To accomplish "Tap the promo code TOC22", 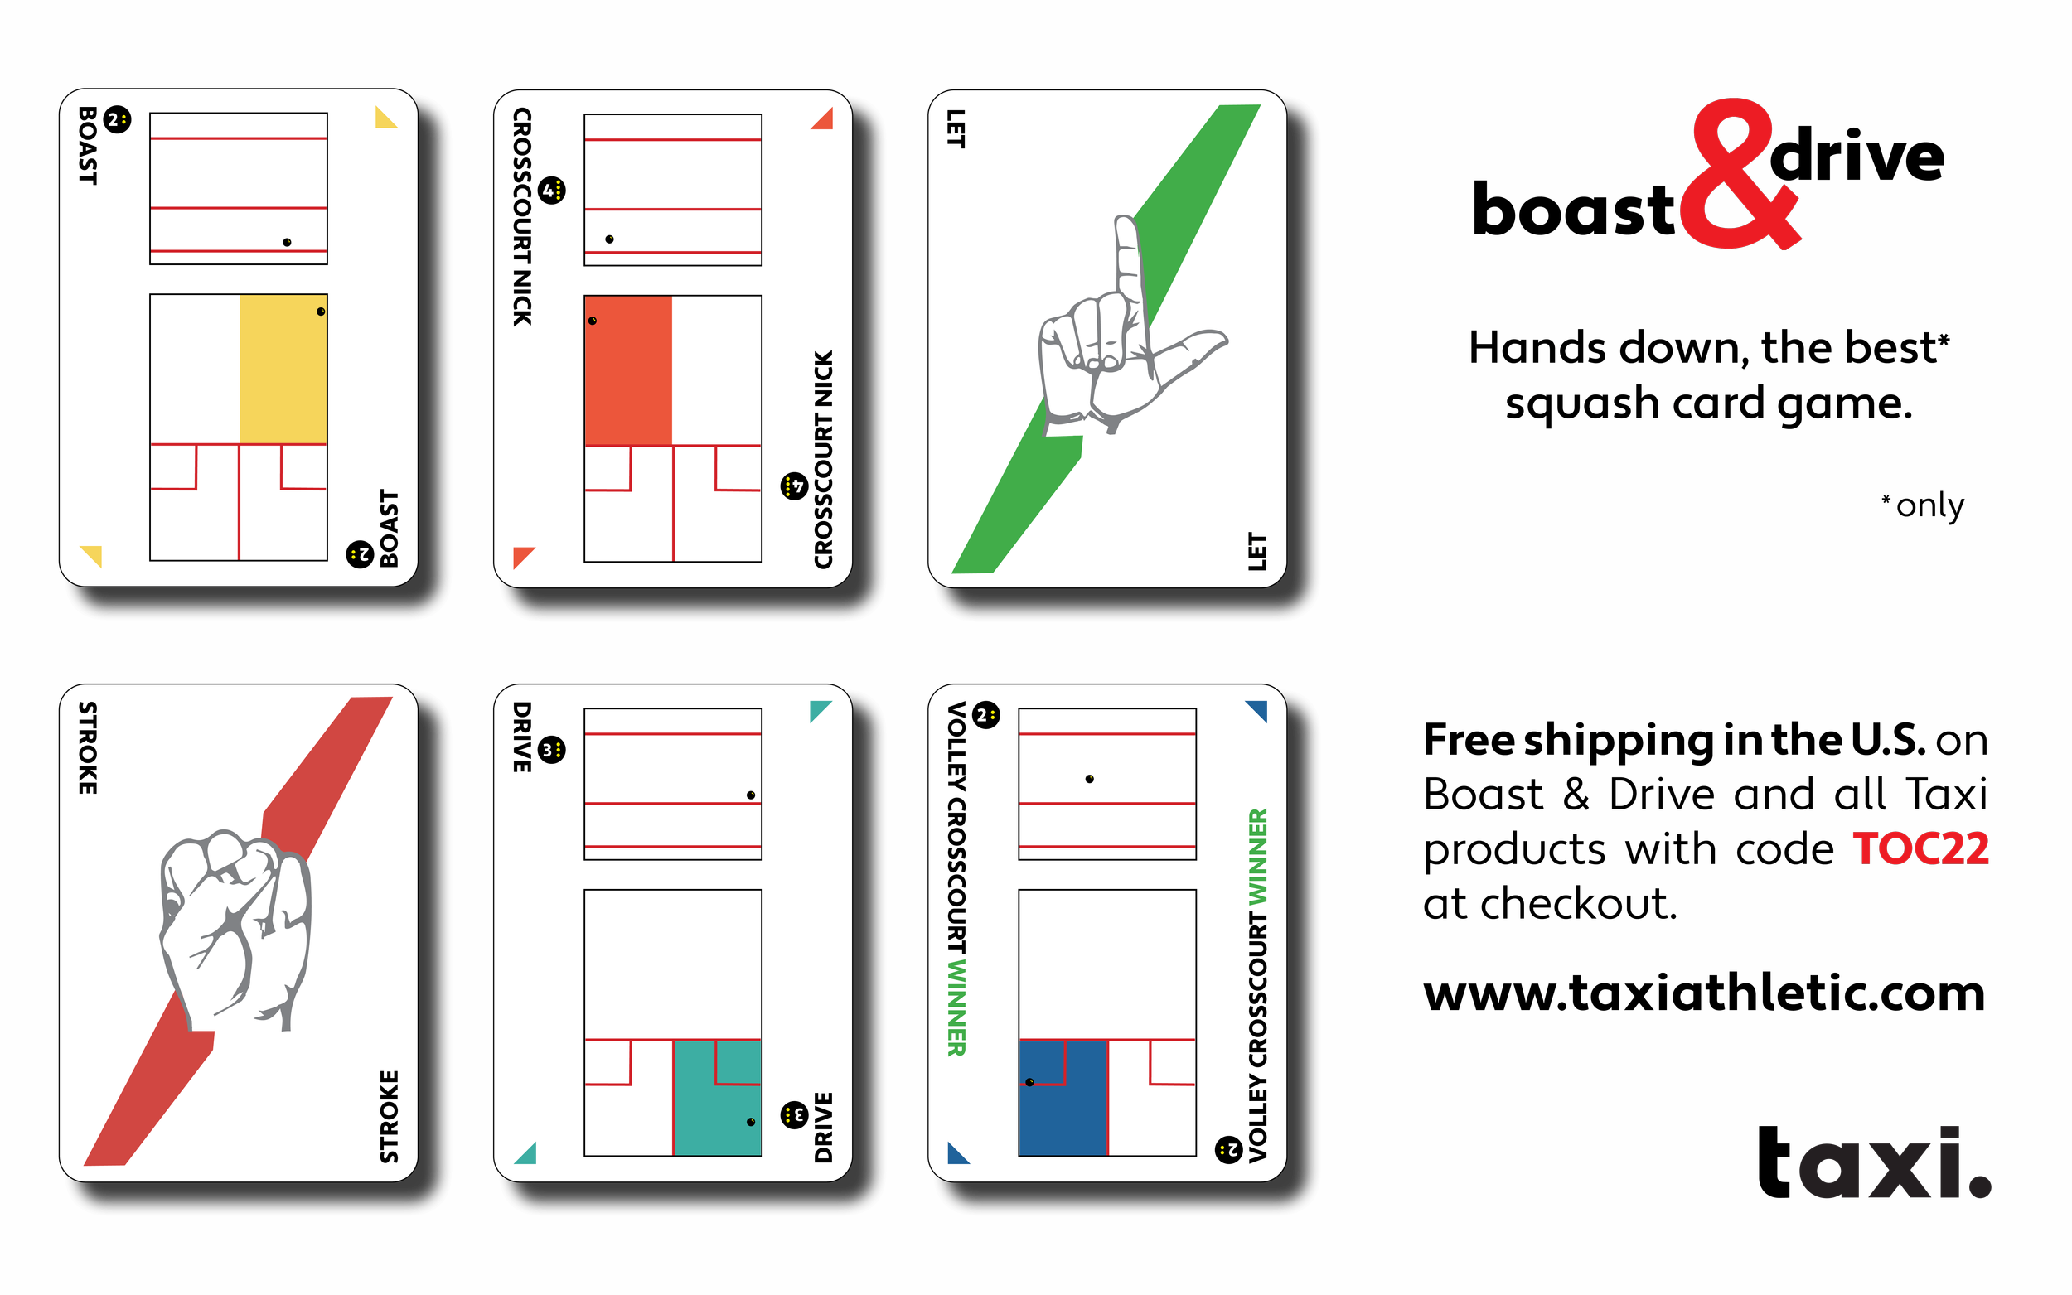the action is [x=1920, y=849].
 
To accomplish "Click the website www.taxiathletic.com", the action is [x=1704, y=993].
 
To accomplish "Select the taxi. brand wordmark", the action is [x=1874, y=1162].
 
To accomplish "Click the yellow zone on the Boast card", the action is [x=283, y=370].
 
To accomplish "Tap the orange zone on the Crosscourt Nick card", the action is [x=628, y=371].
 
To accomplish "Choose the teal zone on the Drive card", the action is [x=717, y=1097].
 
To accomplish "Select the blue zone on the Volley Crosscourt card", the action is [x=1063, y=1097].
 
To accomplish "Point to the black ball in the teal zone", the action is [x=751, y=1122].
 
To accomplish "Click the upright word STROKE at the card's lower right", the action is [x=389, y=1117].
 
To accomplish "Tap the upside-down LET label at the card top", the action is [x=956, y=128].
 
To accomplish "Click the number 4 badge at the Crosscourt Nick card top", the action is [x=553, y=190].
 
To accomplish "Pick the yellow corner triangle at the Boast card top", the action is [x=385, y=118].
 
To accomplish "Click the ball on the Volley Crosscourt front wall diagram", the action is [x=1090, y=779].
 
